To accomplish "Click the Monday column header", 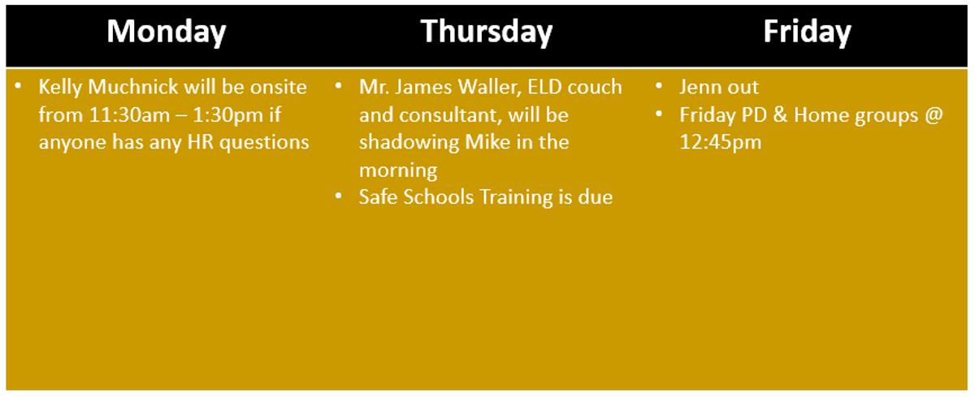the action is click(x=167, y=32).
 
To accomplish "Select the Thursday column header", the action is click(x=486, y=32).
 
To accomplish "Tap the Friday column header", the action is click(x=807, y=32).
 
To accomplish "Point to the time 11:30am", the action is click(x=129, y=115).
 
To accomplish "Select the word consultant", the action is click(x=450, y=115).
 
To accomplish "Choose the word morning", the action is click(x=398, y=170).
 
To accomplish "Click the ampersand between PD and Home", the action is click(x=780, y=115).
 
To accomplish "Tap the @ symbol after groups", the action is click(x=934, y=115).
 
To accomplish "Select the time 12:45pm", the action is click(x=721, y=143).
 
